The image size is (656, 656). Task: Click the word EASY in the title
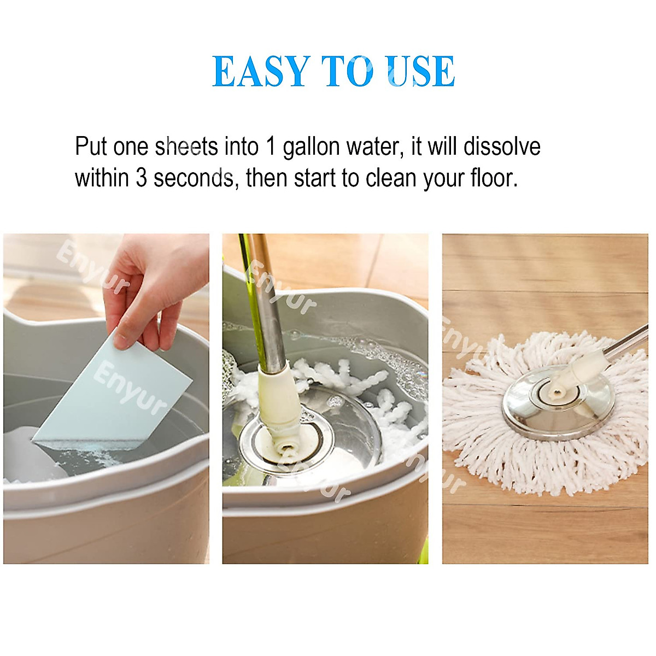pyautogui.click(x=261, y=72)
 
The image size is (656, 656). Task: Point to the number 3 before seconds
pyautogui.click(x=141, y=178)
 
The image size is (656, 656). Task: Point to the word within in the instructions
pyautogui.click(x=101, y=178)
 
